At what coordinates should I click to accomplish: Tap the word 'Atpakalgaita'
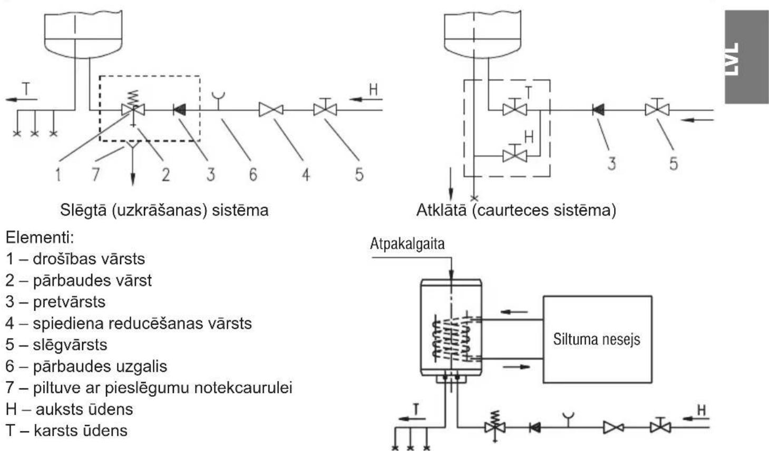pyautogui.click(x=407, y=244)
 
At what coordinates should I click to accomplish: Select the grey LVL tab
pyautogui.click(x=747, y=56)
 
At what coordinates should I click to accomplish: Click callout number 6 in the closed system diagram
pyautogui.click(x=253, y=174)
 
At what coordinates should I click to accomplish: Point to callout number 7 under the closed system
pyautogui.click(x=95, y=174)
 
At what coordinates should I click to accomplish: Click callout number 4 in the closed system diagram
pyautogui.click(x=306, y=174)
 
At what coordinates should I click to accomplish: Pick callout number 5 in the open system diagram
pyautogui.click(x=674, y=164)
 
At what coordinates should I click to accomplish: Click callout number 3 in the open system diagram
pyautogui.click(x=611, y=164)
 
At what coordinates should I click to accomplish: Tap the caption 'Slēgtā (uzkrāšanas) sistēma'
pyautogui.click(x=164, y=210)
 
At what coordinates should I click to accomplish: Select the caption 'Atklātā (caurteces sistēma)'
pyautogui.click(x=516, y=210)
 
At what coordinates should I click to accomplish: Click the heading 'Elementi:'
pyautogui.click(x=40, y=238)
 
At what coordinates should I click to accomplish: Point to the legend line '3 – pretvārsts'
pyautogui.click(x=55, y=302)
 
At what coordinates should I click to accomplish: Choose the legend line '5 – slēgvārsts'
pyautogui.click(x=56, y=345)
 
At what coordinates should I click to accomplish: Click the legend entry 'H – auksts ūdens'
pyautogui.click(x=70, y=409)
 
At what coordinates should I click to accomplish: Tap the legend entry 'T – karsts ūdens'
pyautogui.click(x=66, y=431)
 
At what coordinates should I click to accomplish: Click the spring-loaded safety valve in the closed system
pyautogui.click(x=133, y=109)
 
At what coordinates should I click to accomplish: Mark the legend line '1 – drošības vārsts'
pyautogui.click(x=75, y=259)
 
